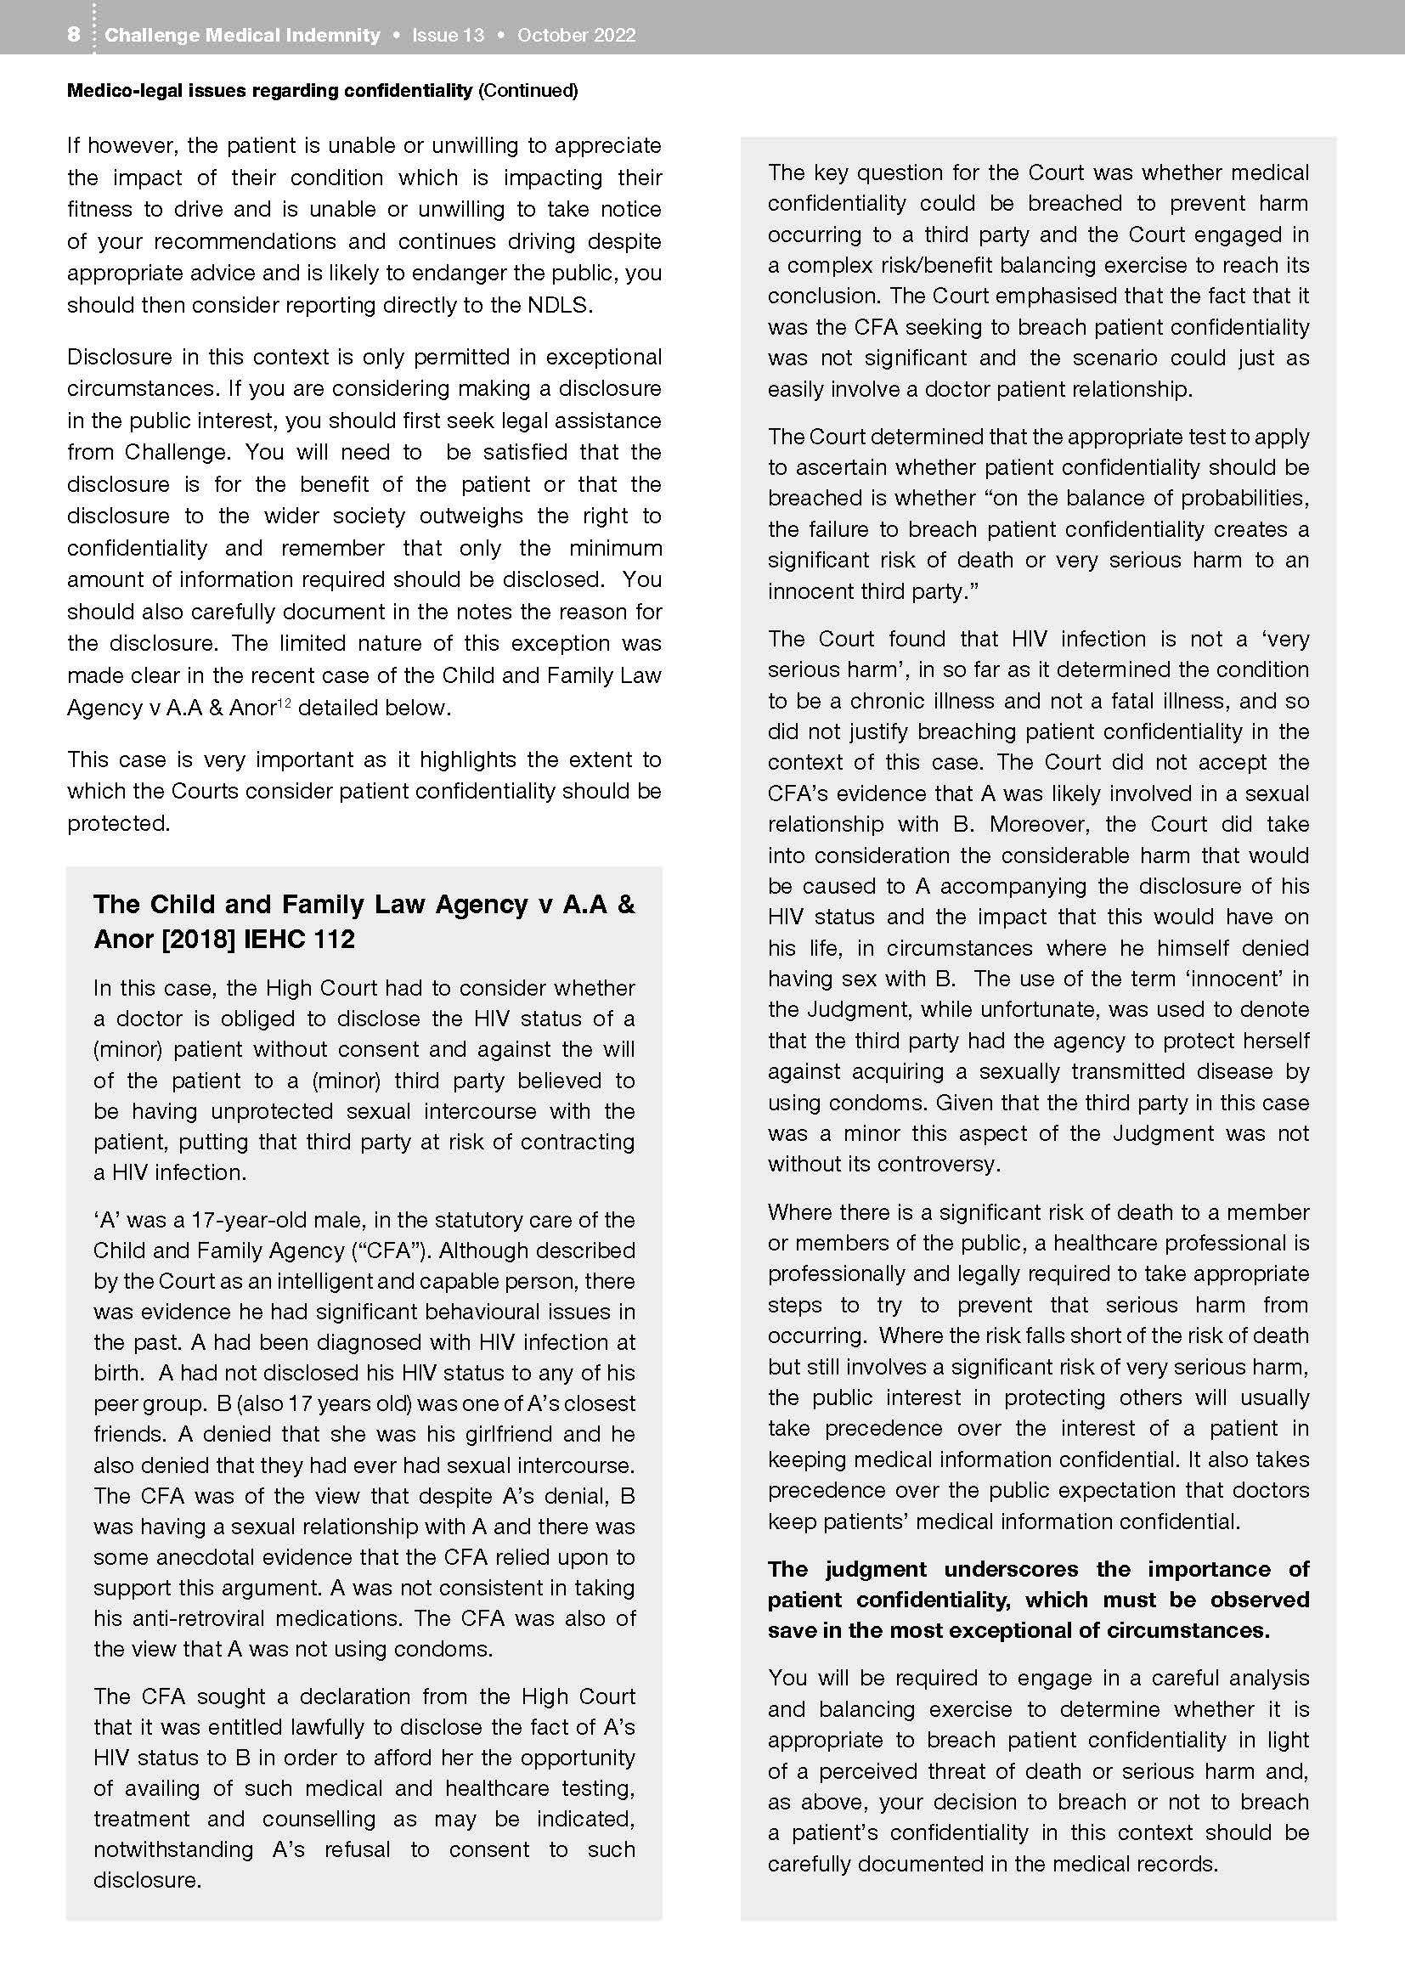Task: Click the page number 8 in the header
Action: click(74, 35)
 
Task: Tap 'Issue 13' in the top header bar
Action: click(448, 36)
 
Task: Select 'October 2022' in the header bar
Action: click(576, 36)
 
